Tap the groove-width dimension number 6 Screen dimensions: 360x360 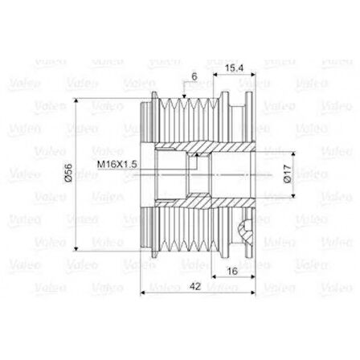click(194, 77)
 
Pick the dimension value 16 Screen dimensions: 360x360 click(231, 272)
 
